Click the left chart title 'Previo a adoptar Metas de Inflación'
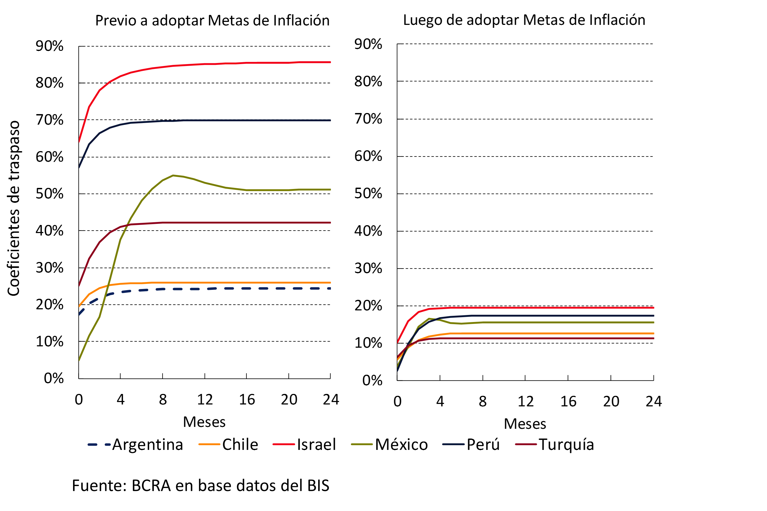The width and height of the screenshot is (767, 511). click(212, 21)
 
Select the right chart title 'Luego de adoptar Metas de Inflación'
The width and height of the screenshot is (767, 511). click(524, 20)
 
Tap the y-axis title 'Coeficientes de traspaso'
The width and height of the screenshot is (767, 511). click(14, 208)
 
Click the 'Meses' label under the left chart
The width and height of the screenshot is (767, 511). click(204, 422)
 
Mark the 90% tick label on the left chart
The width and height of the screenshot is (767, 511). click(50, 46)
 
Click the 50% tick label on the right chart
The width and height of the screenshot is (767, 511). click(368, 194)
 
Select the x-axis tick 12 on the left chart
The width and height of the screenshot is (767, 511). click(205, 400)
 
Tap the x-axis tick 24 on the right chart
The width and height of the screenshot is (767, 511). click(654, 401)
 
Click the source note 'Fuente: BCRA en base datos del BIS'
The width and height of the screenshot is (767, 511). click(200, 486)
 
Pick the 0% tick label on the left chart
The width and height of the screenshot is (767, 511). click(54, 378)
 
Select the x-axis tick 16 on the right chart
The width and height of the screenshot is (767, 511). click(568, 401)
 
